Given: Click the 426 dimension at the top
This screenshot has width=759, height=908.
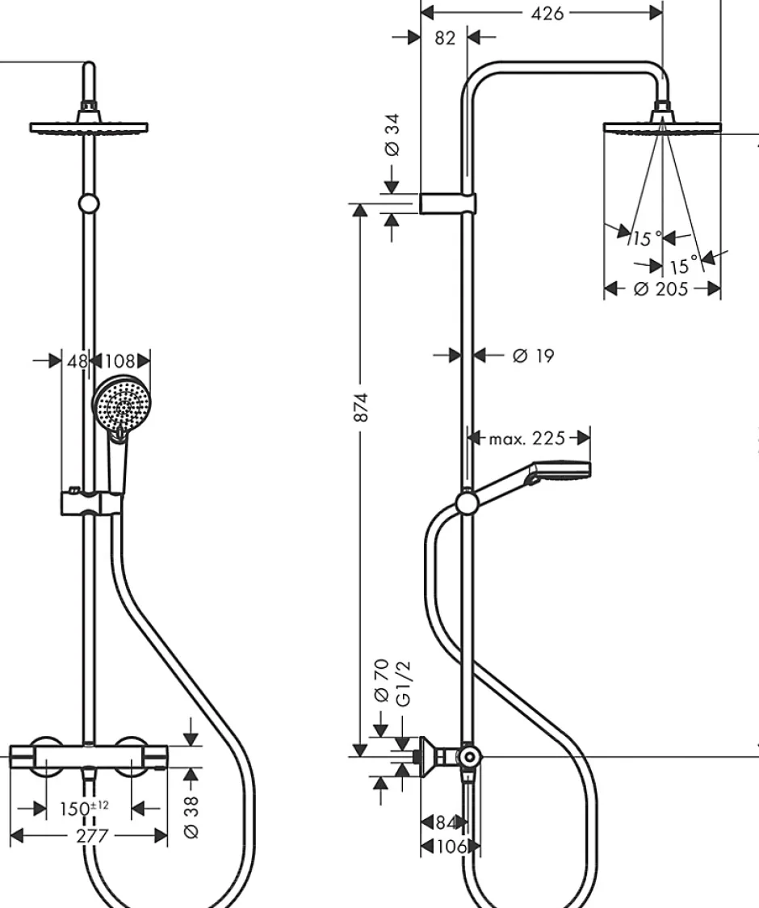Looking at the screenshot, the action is coord(547,13).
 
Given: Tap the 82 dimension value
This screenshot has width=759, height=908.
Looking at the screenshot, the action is coord(445,38).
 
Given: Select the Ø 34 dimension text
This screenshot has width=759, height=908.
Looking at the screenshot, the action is coord(392,135).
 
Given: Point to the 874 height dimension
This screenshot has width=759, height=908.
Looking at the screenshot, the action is coord(361,407).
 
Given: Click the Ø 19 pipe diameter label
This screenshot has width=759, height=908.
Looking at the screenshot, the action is coord(533,355).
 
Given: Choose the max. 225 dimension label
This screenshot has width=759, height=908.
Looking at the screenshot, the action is coord(526,439).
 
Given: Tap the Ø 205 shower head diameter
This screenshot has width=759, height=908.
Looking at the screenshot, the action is coord(660,288).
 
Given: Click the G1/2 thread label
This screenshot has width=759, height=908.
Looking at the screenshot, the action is coord(403,684).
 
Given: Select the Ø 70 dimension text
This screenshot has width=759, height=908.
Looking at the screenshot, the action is coord(381,680).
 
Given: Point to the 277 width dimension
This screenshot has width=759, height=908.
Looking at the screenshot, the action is coord(93,835).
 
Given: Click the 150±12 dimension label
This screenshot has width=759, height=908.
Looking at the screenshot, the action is coord(84,808).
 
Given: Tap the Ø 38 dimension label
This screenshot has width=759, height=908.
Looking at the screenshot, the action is coord(191,817).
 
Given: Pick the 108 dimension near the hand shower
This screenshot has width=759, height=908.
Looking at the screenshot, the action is coord(120,361).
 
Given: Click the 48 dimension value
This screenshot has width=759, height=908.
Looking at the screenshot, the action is coord(78,361).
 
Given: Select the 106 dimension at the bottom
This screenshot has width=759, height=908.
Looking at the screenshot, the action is coord(451,847).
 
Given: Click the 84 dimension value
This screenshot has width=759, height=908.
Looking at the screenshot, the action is coord(445,822).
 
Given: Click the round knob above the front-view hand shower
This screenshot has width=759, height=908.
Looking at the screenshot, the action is coord(89,204).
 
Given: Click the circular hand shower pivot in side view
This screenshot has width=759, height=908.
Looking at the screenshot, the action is coord(467,502).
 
